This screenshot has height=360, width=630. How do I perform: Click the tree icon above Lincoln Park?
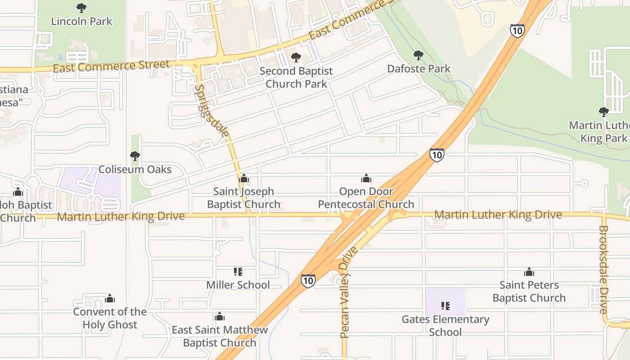click(x=81, y=8)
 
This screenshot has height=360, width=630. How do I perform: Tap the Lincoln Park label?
click(x=81, y=21)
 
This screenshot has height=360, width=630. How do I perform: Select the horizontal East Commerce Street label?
click(x=111, y=67)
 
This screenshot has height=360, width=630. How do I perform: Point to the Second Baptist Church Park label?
click(x=296, y=77)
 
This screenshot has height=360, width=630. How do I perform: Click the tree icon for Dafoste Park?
click(x=418, y=56)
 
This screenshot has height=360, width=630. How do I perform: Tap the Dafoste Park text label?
click(x=418, y=69)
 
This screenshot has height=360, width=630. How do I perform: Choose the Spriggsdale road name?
click(x=211, y=111)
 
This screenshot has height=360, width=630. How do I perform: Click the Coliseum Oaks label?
click(x=135, y=169)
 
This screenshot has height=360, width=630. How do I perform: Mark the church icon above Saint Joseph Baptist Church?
click(x=244, y=179)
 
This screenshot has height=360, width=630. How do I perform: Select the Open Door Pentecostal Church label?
click(x=366, y=198)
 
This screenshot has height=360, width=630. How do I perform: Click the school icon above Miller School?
click(x=238, y=272)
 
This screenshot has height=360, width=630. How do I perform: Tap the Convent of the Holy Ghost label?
click(x=110, y=318)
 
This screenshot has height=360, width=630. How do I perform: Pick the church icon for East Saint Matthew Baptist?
click(x=220, y=317)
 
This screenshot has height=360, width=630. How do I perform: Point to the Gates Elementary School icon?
click(x=445, y=306)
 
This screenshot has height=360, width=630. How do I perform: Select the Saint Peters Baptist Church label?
click(x=529, y=291)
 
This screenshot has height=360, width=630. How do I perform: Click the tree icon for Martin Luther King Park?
click(x=603, y=112)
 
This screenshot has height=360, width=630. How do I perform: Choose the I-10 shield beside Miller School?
click(x=308, y=281)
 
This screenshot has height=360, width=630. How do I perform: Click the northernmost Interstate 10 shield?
click(x=517, y=31)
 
